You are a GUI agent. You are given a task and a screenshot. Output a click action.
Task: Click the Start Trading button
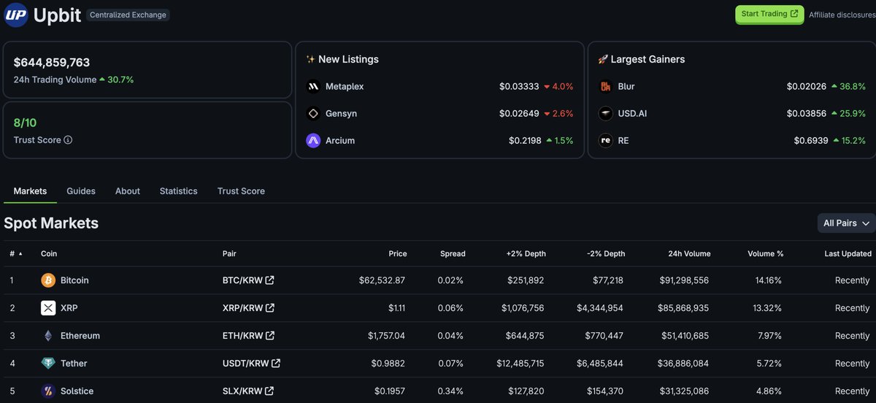click(x=769, y=15)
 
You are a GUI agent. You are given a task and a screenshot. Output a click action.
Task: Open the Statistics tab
click(x=178, y=191)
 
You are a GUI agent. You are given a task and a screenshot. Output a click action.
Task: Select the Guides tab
click(x=81, y=191)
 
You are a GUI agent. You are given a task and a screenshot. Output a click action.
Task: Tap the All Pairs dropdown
click(x=846, y=223)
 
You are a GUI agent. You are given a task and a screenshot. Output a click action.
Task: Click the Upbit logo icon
click(x=15, y=15)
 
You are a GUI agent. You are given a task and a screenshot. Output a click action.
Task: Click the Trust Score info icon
click(x=68, y=139)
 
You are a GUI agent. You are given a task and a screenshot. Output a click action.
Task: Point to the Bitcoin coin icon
click(x=48, y=280)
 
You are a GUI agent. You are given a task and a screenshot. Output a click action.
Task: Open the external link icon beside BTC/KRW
click(x=269, y=280)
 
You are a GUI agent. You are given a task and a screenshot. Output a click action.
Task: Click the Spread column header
click(x=453, y=253)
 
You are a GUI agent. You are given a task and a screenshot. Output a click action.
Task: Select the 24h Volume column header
click(x=689, y=253)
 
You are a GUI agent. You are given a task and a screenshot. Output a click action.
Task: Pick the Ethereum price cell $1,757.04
click(x=386, y=336)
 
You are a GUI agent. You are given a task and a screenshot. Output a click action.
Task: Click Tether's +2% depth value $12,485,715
click(x=520, y=364)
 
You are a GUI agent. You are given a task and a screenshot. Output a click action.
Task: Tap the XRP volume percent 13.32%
click(x=767, y=308)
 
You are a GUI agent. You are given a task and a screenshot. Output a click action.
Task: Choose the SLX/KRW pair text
click(x=242, y=391)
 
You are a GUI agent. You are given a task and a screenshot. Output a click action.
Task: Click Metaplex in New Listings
click(x=345, y=86)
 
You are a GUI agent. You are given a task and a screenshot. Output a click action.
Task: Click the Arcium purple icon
click(x=313, y=140)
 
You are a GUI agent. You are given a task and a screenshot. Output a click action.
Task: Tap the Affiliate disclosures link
click(x=842, y=15)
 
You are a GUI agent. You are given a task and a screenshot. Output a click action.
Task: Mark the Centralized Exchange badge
click(x=128, y=15)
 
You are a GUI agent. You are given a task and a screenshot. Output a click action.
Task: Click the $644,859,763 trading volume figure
click(x=52, y=62)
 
